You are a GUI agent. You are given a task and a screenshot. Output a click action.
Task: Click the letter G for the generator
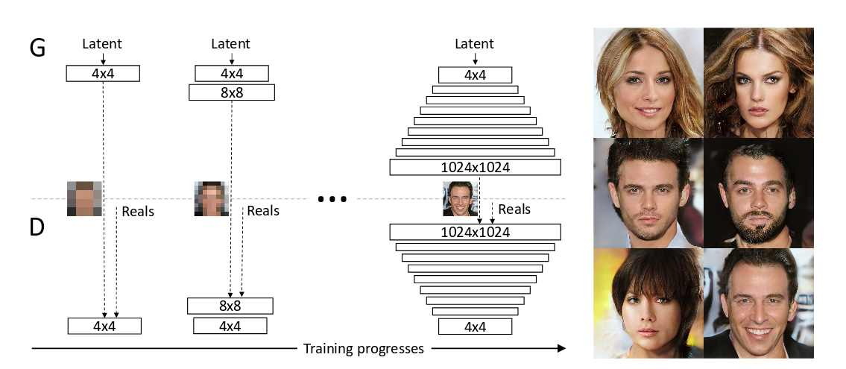pos(37,48)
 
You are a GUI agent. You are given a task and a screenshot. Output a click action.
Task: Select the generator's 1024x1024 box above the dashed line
pos(475,167)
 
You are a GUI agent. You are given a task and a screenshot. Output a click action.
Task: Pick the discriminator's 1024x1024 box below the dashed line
pos(475,232)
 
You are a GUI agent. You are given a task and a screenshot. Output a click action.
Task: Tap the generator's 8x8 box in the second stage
pos(232,92)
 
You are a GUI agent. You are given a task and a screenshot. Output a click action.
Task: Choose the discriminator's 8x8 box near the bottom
pos(230,306)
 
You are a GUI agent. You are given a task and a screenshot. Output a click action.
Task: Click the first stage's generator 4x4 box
pos(103,74)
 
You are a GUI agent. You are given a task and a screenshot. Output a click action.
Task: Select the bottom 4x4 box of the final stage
pos(475,327)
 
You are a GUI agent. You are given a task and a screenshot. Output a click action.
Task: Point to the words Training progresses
pos(364,348)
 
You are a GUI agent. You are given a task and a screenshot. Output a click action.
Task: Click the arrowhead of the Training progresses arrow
pos(561,348)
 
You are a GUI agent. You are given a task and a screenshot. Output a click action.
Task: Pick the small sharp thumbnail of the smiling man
pos(460,198)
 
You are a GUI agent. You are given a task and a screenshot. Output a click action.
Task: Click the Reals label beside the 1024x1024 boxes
pos(514,209)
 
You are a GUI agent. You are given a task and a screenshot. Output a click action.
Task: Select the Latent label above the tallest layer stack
pos(475,45)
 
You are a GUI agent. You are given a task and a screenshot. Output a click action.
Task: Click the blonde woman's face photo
pos(648,82)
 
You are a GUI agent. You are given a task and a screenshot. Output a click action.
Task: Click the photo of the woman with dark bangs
pos(648,303)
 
